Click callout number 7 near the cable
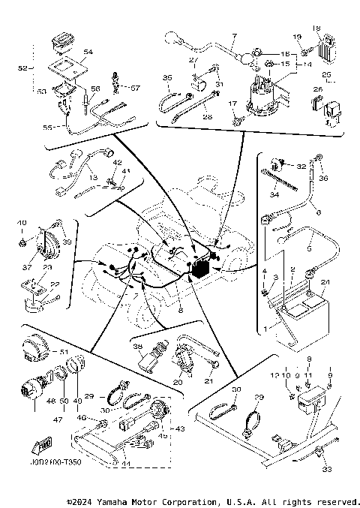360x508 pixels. tap(233, 35)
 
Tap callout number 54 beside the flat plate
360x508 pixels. tap(88, 52)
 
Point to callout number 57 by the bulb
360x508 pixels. tap(136, 88)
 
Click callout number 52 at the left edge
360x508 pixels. tap(20, 68)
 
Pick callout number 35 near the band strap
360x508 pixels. tap(167, 78)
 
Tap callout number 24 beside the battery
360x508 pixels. tap(324, 282)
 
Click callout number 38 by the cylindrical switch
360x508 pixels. tap(136, 347)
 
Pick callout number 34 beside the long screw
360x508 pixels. tap(274, 195)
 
